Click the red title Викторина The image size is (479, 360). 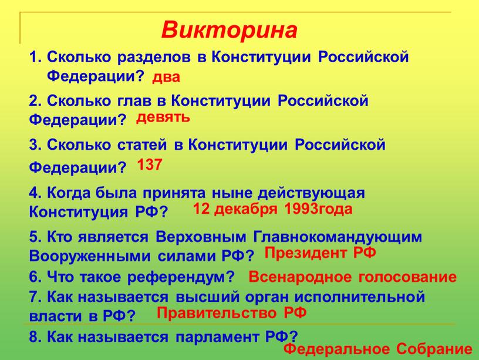tap(229, 31)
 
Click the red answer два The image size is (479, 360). tap(166, 78)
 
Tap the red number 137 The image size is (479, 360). tap(149, 164)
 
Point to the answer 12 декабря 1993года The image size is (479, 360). tap(272, 209)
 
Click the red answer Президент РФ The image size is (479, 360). tap(320, 253)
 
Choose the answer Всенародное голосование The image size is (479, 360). tap(353, 277)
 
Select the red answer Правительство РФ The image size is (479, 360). tap(231, 312)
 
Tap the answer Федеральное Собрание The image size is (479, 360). tap(378, 349)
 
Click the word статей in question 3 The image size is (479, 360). tap(142, 144)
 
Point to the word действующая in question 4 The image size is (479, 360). tap(311, 194)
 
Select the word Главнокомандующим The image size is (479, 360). tap(338, 237)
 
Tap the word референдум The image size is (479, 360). tap(181, 277)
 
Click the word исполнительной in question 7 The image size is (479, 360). tap(360, 297)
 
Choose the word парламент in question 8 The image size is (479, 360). tap(217, 337)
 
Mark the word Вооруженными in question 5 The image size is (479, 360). tap(90, 256)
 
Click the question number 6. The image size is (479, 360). tap(35, 277)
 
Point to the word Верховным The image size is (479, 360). tap(201, 237)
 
